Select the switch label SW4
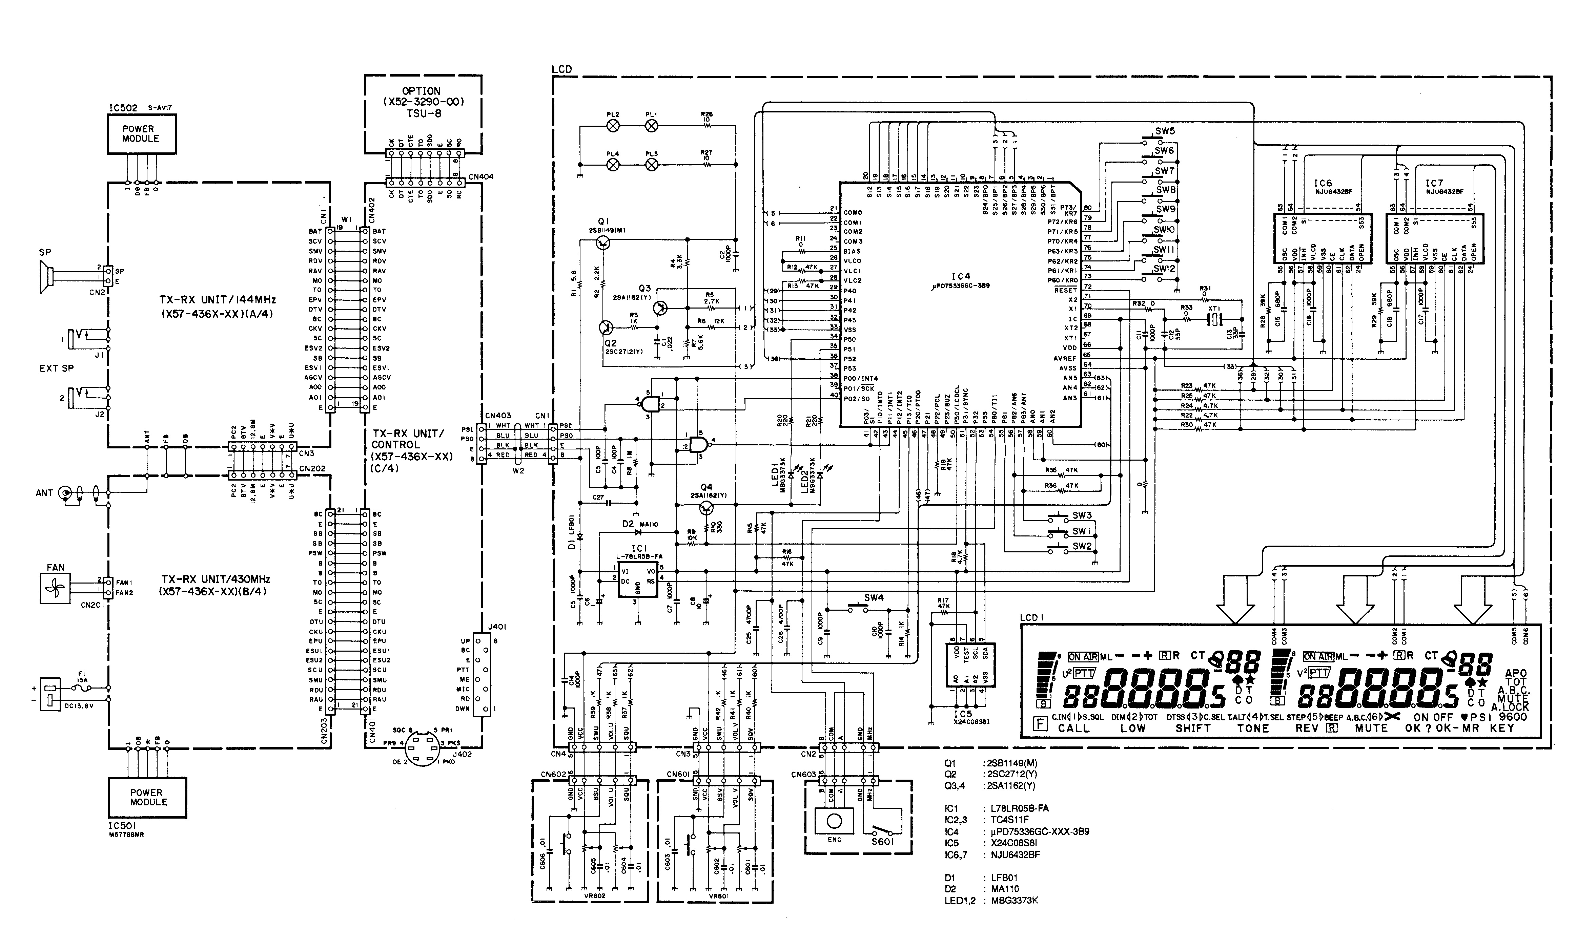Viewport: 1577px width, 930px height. pos(874,598)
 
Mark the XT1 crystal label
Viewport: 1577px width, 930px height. pos(1214,309)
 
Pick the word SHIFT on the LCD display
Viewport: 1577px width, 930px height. pos(1193,728)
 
